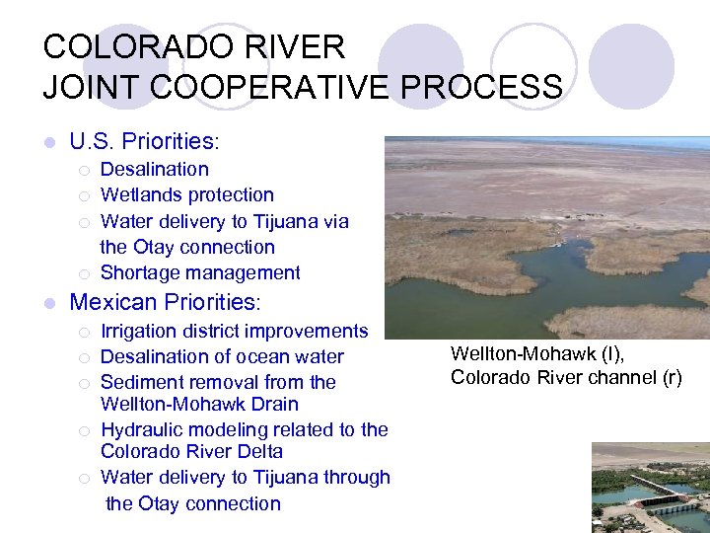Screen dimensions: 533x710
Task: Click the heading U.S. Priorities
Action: pos(144,141)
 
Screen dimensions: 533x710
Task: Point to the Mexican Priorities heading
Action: pos(164,301)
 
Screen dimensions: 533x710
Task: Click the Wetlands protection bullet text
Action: pos(186,194)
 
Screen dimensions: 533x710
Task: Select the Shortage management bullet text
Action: pos(200,272)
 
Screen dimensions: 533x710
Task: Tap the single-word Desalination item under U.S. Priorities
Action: pos(154,169)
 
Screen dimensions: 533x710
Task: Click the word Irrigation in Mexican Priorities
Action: pos(141,331)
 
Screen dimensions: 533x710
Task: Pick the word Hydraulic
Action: pos(142,429)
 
